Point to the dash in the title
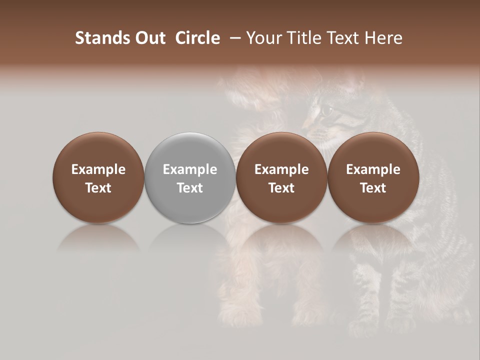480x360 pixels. pyautogui.click(x=233, y=38)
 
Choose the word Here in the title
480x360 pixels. pyautogui.click(x=384, y=38)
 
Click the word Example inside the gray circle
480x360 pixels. pyautogui.click(x=190, y=169)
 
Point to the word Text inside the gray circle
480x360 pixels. pyautogui.click(x=190, y=188)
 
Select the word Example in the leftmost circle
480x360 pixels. pyautogui.click(x=98, y=169)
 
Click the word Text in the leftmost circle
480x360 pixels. pyautogui.click(x=98, y=188)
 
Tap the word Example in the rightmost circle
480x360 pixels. pyautogui.click(x=373, y=169)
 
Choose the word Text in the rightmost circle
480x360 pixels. pyautogui.click(x=373, y=188)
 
